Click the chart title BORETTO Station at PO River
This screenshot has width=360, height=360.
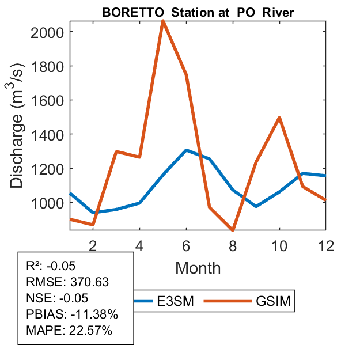pyautogui.click(x=198, y=12)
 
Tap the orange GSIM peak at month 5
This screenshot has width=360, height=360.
pyautogui.click(x=163, y=21)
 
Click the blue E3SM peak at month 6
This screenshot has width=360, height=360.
pyautogui.click(x=186, y=150)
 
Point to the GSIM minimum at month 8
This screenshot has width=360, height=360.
pyautogui.click(x=233, y=229)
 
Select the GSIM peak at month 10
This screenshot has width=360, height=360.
pyautogui.click(x=279, y=118)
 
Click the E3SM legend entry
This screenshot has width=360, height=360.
pyautogui.click(x=161, y=301)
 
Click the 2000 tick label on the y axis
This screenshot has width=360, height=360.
pyautogui.click(x=48, y=32)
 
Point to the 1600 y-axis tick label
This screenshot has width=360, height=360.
pyautogui.click(x=48, y=100)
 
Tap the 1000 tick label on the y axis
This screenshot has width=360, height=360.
pyautogui.click(x=48, y=203)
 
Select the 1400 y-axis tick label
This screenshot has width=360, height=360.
pyautogui.click(x=48, y=134)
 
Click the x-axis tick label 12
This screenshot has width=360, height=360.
pyautogui.click(x=326, y=245)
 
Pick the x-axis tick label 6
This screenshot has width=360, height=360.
pyautogui.click(x=186, y=245)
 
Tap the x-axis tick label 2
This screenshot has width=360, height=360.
pyautogui.click(x=93, y=245)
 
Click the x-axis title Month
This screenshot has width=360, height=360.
pyautogui.click(x=198, y=267)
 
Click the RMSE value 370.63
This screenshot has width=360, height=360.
pyautogui.click(x=89, y=282)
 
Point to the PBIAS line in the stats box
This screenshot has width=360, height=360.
pyautogui.click(x=72, y=314)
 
